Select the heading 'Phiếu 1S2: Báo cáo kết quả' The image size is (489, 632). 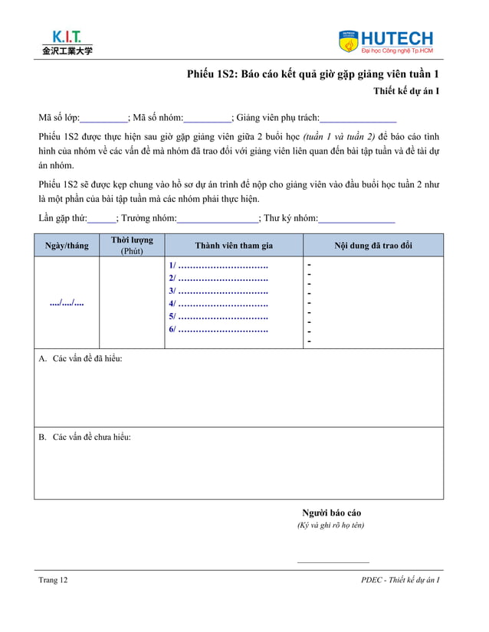point(313,74)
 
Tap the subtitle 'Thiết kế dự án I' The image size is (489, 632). point(406,92)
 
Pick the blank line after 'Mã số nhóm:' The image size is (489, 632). point(208,119)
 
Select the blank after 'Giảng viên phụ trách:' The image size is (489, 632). point(358,119)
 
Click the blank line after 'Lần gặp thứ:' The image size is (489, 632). point(101,219)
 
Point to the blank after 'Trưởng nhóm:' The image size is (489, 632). point(218,219)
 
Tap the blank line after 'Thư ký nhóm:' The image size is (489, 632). point(356,219)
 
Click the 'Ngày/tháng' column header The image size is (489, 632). point(67,246)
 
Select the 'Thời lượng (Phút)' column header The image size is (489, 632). point(132,245)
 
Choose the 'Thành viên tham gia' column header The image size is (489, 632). point(234,246)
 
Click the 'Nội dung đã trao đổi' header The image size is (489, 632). point(373,246)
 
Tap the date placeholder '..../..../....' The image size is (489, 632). point(67,304)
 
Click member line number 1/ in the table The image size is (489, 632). point(218,266)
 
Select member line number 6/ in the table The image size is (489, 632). point(218,330)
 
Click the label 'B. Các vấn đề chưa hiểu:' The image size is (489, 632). point(84,437)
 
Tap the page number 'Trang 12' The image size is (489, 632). point(53,581)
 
